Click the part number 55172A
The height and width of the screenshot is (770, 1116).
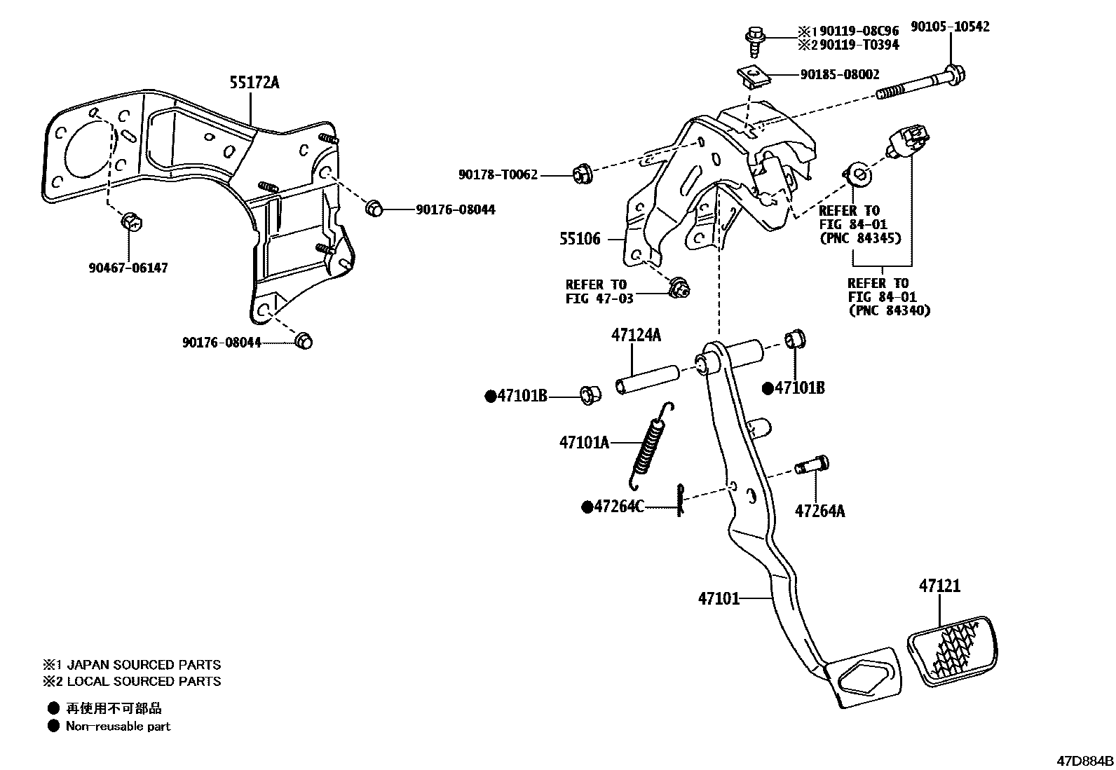[254, 83]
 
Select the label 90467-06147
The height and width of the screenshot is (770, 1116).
[128, 268]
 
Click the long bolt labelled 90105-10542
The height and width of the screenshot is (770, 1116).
[918, 83]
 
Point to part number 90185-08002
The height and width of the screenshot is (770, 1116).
[840, 74]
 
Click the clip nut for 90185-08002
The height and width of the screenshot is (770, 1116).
[753, 74]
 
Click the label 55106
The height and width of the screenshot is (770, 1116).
[580, 239]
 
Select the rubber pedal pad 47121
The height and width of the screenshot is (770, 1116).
[951, 649]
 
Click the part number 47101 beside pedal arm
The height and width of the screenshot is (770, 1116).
[719, 598]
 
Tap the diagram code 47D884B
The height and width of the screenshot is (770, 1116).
[1085, 760]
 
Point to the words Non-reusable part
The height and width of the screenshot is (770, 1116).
[118, 727]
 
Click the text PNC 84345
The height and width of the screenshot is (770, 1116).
[860, 238]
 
